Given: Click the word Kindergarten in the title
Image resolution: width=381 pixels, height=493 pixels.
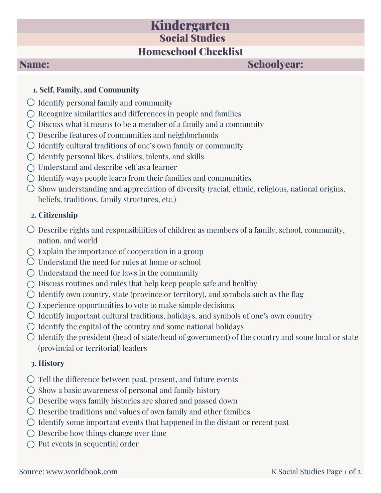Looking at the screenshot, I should coord(190,25).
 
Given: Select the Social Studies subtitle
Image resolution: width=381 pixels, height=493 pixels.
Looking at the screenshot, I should coord(192,38).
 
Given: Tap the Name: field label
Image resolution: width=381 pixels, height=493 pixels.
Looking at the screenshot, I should coord(34,64).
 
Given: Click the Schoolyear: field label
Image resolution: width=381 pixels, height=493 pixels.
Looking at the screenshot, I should coord(275,64).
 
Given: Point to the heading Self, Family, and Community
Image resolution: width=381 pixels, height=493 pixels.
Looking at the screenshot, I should coord(89,90).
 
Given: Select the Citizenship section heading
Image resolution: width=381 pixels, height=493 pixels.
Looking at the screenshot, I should coord(58,215).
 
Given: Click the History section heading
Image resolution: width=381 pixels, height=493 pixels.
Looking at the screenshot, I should coord(51,363).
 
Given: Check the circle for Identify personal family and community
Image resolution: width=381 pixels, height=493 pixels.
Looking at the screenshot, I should coord(31,102).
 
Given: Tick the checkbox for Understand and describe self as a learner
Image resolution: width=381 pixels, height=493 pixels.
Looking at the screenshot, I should coord(31,167).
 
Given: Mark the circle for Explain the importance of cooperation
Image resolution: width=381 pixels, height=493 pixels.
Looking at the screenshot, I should coord(31,252).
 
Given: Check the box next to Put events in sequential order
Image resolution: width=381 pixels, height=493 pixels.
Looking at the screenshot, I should coord(31,444).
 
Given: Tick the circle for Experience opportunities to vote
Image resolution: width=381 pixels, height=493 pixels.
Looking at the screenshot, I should coord(31,305).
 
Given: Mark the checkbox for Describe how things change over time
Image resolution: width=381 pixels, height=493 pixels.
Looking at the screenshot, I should coord(31,434).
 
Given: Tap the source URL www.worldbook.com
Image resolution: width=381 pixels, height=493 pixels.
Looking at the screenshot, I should coord(82,472).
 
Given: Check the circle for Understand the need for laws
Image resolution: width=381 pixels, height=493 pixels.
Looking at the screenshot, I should coord(31,273).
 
